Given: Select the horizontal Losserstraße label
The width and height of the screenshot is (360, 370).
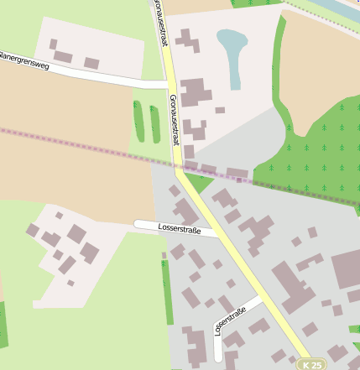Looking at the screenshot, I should [x=180, y=228].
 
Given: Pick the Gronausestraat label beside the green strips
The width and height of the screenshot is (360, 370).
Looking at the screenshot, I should [x=174, y=120].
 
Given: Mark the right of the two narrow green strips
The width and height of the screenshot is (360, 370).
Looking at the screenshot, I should [x=154, y=122].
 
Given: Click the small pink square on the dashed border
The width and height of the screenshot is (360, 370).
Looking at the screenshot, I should [x=239, y=180].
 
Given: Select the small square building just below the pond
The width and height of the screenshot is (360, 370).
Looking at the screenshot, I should [x=220, y=110].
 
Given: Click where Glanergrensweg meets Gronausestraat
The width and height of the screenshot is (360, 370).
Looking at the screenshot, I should [x=167, y=84].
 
